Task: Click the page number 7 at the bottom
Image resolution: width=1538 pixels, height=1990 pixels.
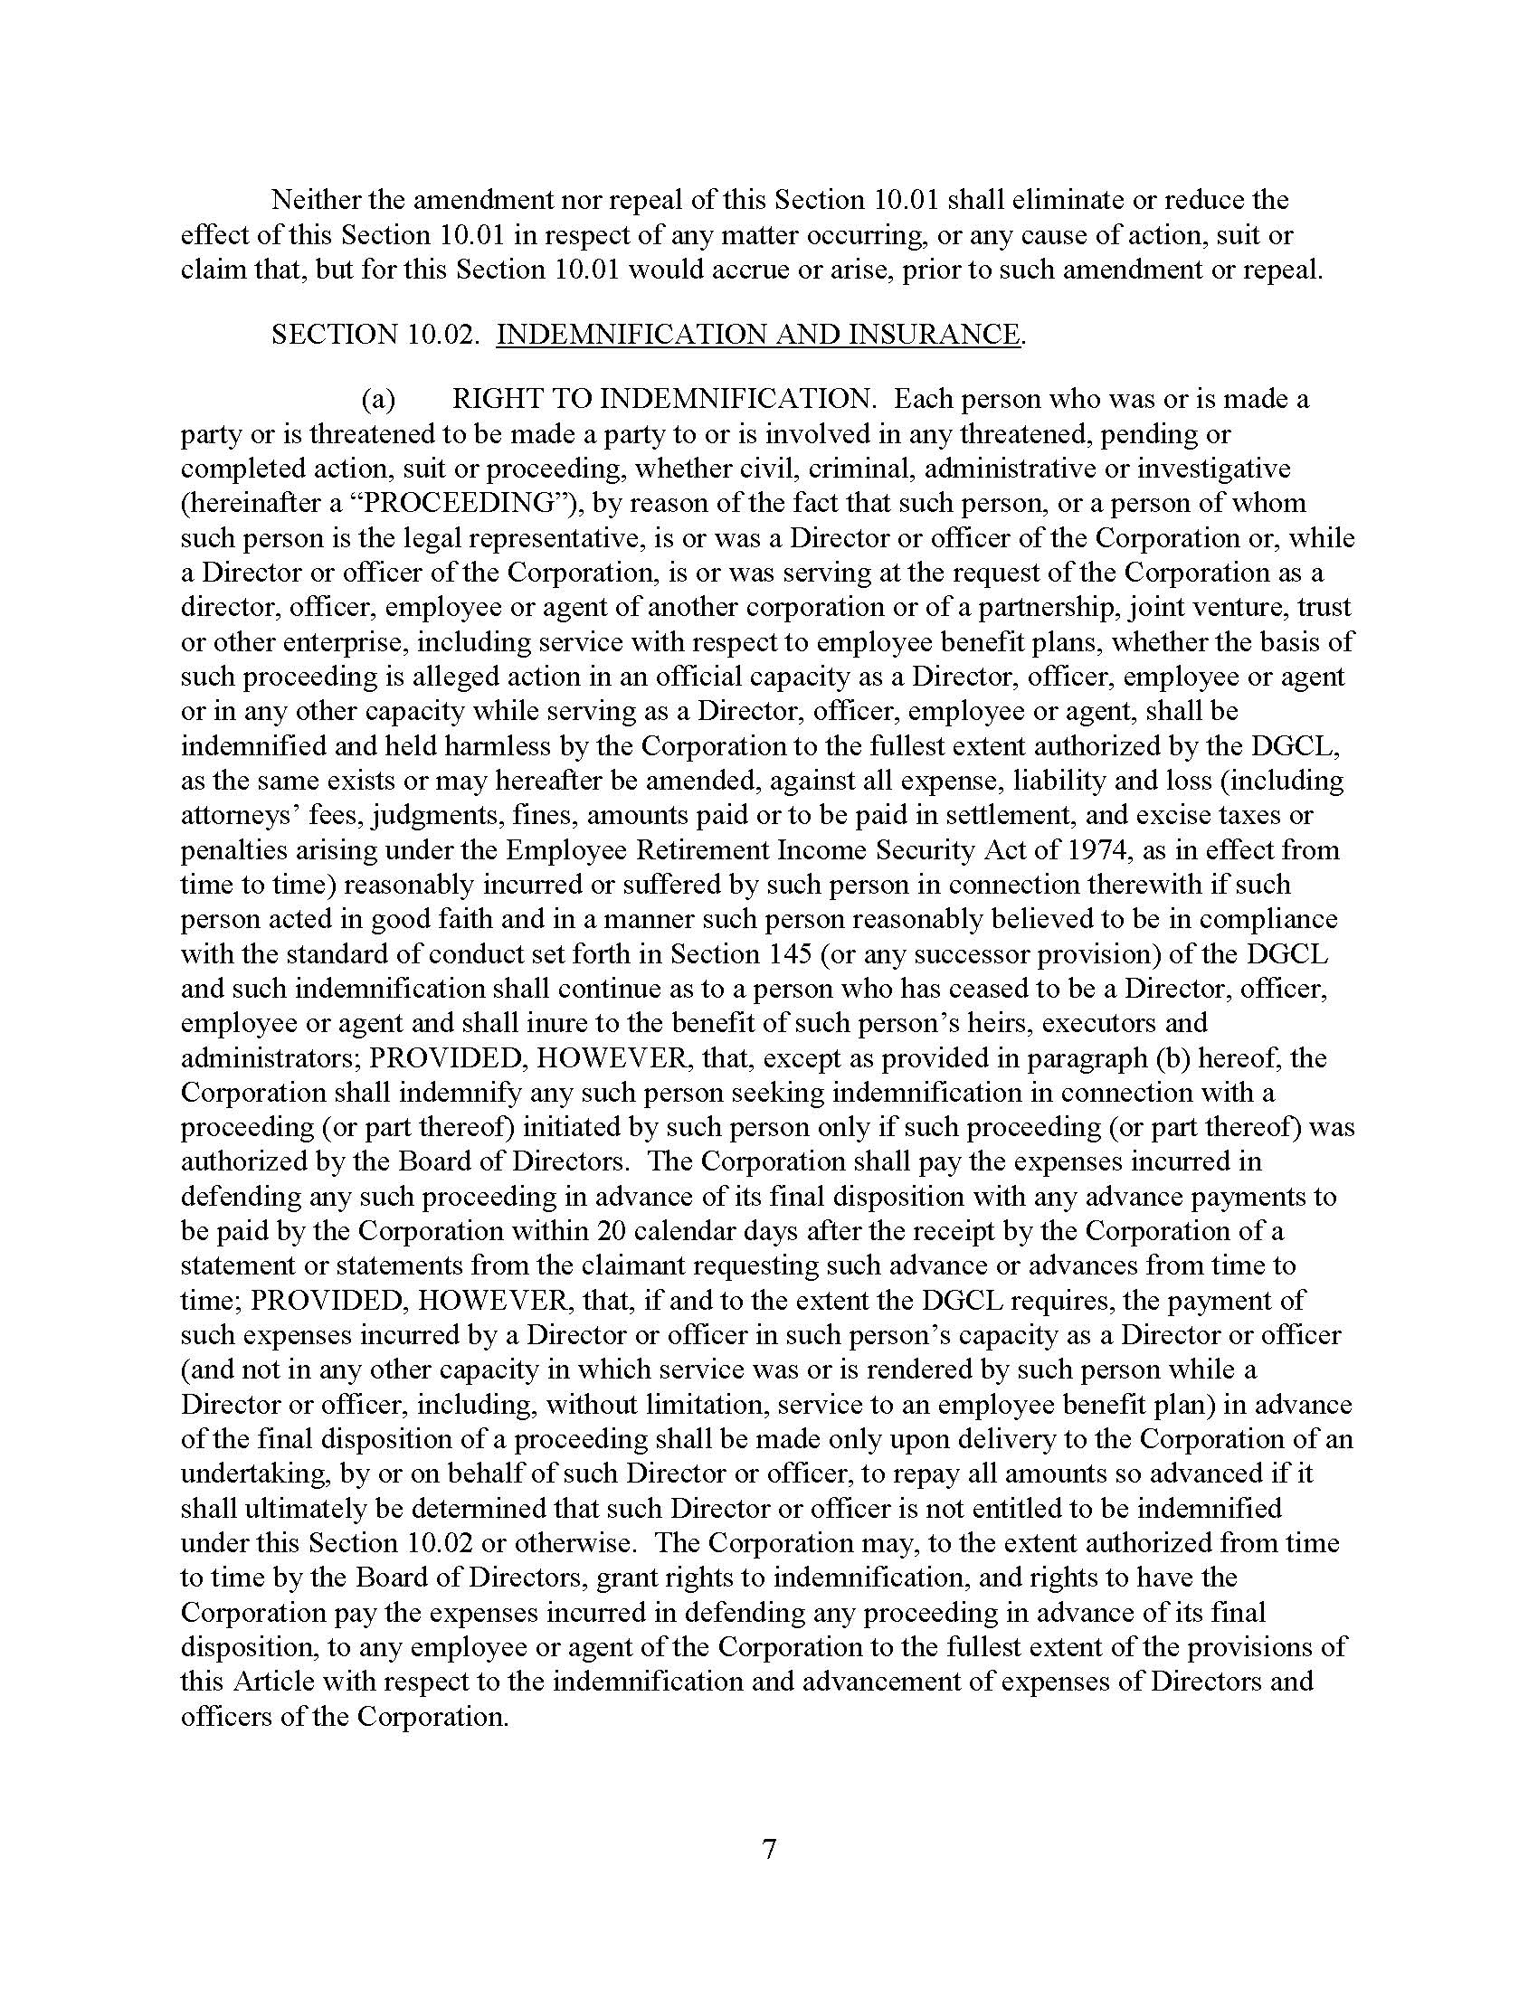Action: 769,1849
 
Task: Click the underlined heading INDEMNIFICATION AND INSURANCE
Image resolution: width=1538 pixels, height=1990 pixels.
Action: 758,335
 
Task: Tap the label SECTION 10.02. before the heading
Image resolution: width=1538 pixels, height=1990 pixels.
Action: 375,335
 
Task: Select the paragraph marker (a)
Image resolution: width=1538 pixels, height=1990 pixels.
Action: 378,399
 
